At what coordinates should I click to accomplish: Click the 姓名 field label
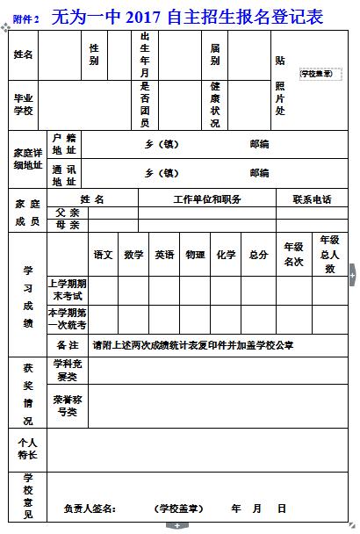(x=24, y=54)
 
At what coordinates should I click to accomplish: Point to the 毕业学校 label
(x=24, y=104)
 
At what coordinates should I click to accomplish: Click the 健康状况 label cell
(x=215, y=104)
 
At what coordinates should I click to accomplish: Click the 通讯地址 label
(x=64, y=174)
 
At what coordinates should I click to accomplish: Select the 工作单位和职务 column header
(x=207, y=199)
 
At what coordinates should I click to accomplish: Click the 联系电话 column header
(x=313, y=199)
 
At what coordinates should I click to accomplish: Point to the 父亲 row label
(x=68, y=213)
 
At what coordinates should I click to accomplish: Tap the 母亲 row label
(x=68, y=225)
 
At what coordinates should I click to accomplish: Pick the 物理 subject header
(x=195, y=255)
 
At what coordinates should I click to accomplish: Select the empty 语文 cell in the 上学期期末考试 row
(x=104, y=289)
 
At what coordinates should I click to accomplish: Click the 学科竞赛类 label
(x=68, y=370)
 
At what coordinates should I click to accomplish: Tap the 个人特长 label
(x=26, y=449)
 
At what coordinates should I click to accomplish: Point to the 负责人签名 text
(x=90, y=509)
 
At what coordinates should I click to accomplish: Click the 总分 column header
(x=258, y=255)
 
